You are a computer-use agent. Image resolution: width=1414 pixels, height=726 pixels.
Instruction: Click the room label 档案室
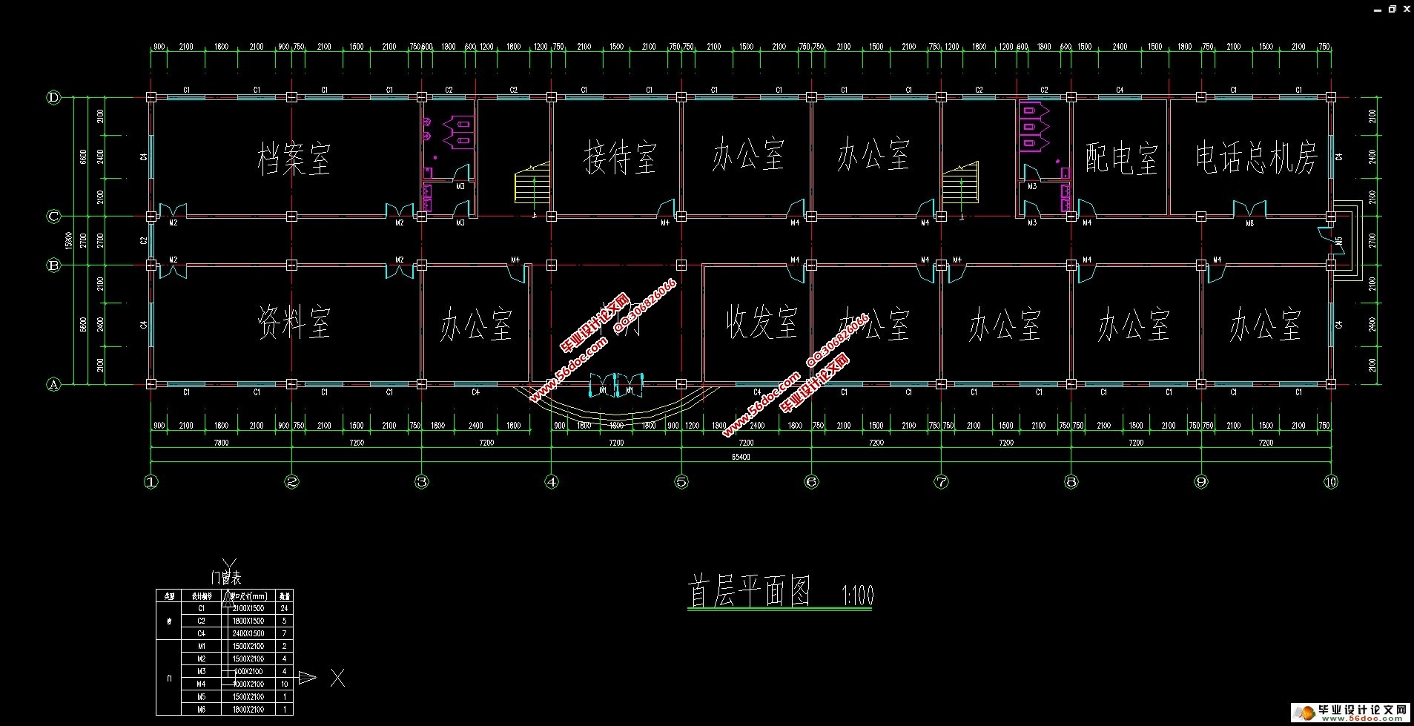294,159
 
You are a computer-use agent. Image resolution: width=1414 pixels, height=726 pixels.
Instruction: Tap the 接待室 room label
620,157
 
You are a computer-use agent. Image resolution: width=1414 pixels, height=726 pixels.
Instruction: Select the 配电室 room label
1120,158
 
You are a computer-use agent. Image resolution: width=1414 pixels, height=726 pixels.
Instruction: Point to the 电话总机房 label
1255,157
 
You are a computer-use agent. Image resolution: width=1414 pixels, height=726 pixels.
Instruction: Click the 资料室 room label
294,322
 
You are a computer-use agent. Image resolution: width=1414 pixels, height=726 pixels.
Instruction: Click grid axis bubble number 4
552,482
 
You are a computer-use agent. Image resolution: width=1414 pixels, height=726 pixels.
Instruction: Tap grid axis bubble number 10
1331,482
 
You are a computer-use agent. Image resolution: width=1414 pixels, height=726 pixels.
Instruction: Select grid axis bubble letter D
53,97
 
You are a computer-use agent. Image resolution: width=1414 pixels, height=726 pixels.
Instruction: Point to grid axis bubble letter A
53,384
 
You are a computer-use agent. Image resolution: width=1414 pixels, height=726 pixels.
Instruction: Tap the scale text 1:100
858,595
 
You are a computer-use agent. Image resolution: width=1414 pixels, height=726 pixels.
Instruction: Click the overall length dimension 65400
741,457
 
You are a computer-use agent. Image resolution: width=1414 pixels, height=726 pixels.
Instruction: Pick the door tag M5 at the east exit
1339,241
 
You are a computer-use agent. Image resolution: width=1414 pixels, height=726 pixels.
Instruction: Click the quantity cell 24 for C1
285,608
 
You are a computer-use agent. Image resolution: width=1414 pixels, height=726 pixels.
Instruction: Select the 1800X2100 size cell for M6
248,709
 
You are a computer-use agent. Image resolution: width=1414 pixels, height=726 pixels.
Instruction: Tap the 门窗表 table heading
226,578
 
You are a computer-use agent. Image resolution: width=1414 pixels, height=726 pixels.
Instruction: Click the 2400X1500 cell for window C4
248,633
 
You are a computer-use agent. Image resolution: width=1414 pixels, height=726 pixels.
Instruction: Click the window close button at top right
1406,8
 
